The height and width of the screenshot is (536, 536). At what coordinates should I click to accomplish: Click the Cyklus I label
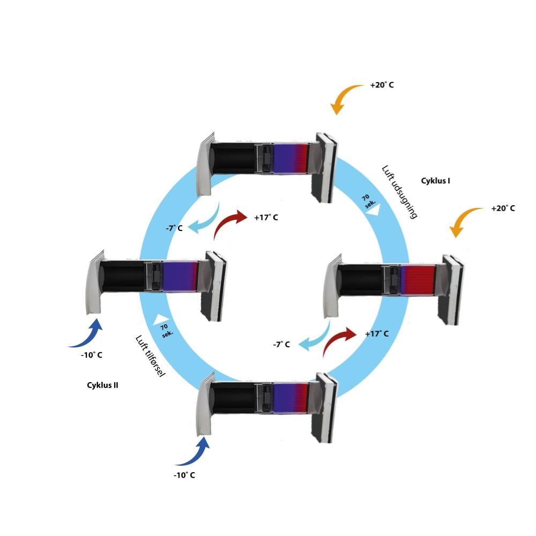point(435,181)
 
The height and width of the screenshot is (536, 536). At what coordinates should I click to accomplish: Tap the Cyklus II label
point(102,385)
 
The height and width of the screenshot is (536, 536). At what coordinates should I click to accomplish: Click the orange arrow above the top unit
point(342,98)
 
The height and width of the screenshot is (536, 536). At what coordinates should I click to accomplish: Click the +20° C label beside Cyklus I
point(503,208)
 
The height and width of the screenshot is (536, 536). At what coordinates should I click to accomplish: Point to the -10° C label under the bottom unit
point(184,475)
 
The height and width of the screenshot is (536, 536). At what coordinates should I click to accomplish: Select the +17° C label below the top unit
point(266,218)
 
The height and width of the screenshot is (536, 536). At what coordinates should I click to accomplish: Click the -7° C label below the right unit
point(281,344)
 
